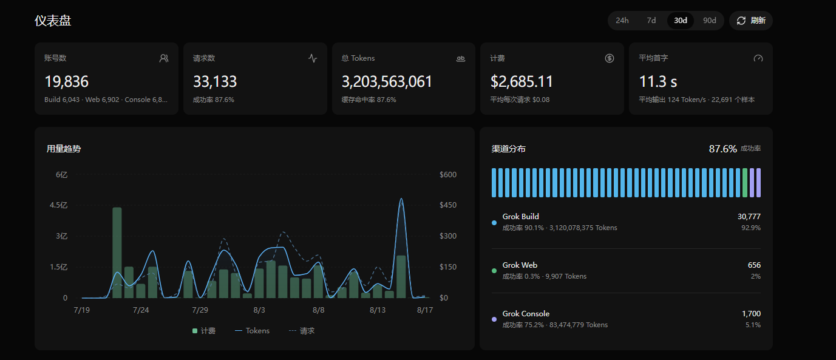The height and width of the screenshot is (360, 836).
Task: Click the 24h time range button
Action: click(x=622, y=21)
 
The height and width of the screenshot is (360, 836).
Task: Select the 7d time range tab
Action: click(x=651, y=21)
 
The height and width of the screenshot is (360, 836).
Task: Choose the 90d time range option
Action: click(x=710, y=21)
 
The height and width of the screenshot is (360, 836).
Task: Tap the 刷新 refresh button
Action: click(x=751, y=21)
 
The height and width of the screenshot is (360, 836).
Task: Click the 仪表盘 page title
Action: click(x=53, y=21)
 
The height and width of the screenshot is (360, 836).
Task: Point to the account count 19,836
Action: click(x=66, y=81)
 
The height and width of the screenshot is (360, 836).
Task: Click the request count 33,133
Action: click(x=214, y=81)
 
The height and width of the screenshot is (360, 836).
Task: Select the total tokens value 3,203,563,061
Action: click(x=387, y=81)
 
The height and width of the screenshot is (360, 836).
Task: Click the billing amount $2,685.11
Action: click(x=522, y=81)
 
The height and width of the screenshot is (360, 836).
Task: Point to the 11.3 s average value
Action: click(x=658, y=81)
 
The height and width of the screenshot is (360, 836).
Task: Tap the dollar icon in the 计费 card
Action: click(x=610, y=58)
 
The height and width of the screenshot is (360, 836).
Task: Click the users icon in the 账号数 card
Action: click(x=164, y=58)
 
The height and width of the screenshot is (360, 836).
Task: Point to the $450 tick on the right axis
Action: click(x=448, y=205)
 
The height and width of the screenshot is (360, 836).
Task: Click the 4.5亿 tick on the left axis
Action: click(x=59, y=205)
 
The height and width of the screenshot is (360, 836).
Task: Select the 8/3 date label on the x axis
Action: click(x=259, y=310)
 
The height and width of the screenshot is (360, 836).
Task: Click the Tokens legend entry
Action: click(x=252, y=330)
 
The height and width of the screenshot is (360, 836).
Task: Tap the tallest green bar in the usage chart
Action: click(x=117, y=253)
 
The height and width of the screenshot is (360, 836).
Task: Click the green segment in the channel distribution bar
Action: click(x=745, y=182)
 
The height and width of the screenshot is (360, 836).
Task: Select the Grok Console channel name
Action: click(x=526, y=314)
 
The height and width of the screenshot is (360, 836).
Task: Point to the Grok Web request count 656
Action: click(x=754, y=265)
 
